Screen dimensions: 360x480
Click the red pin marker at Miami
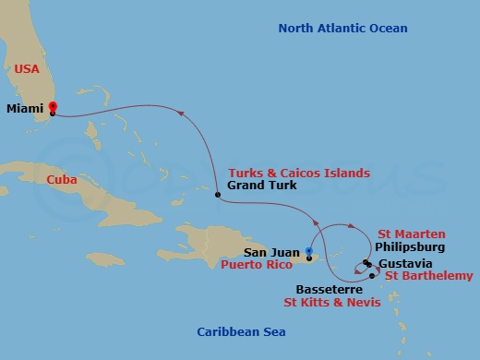tap(53, 108)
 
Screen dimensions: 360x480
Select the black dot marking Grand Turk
tap(217, 195)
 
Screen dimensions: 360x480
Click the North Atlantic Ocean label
tap(342, 29)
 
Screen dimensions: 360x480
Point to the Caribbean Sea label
tap(242, 331)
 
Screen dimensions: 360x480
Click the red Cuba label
tap(62, 180)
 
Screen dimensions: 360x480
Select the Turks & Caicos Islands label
tap(298, 173)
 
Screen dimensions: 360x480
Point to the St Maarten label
tap(412, 234)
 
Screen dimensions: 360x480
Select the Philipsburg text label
tap(411, 247)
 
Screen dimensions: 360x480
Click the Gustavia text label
tap(403, 262)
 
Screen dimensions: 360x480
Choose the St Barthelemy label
tap(428, 275)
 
